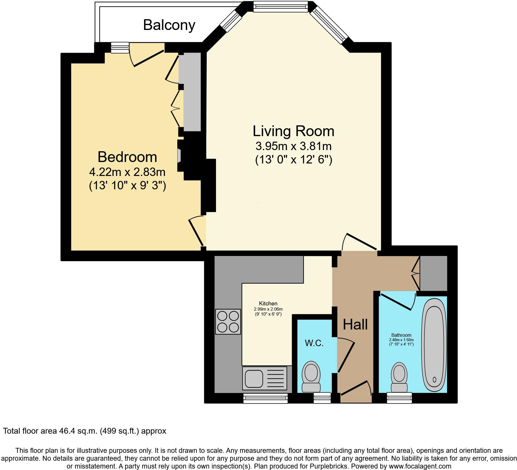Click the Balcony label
pyautogui.click(x=169, y=25)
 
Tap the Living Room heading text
pyautogui.click(x=293, y=131)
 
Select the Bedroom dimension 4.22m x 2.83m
pyautogui.click(x=127, y=172)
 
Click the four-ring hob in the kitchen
pyautogui.click(x=228, y=322)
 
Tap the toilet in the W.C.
pyautogui.click(x=311, y=377)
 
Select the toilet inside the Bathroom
pyautogui.click(x=399, y=378)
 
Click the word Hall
pyautogui.click(x=355, y=324)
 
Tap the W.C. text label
pyautogui.click(x=314, y=343)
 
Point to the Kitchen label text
pyautogui.click(x=268, y=304)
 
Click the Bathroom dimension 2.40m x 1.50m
pyautogui.click(x=401, y=340)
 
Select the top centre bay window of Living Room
pyautogui.click(x=280, y=6)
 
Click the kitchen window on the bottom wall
pyautogui.click(x=265, y=398)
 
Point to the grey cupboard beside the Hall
pyautogui.click(x=433, y=273)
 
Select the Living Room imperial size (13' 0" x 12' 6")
pyautogui.click(x=293, y=160)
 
